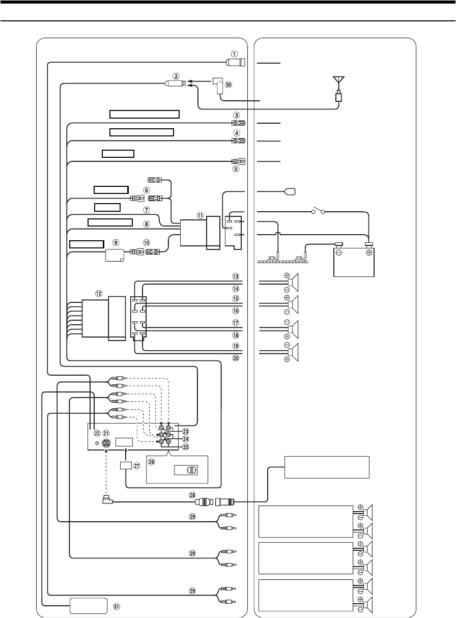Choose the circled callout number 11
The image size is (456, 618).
(201, 215)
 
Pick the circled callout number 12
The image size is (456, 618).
(98, 294)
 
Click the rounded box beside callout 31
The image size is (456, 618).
(89, 606)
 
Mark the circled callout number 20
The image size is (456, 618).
(235, 358)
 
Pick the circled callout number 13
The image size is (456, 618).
(235, 276)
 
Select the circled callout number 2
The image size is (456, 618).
(176, 76)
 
